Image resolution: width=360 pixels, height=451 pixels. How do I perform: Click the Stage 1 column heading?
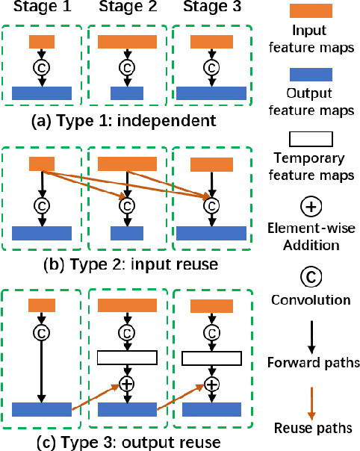pyautogui.click(x=41, y=10)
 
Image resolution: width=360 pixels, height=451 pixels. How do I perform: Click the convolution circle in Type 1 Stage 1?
pyautogui.click(x=41, y=66)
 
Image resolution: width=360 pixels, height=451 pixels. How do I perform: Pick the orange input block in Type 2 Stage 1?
pyautogui.click(x=41, y=165)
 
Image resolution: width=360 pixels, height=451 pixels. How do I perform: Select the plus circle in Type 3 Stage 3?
pyautogui.click(x=211, y=385)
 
